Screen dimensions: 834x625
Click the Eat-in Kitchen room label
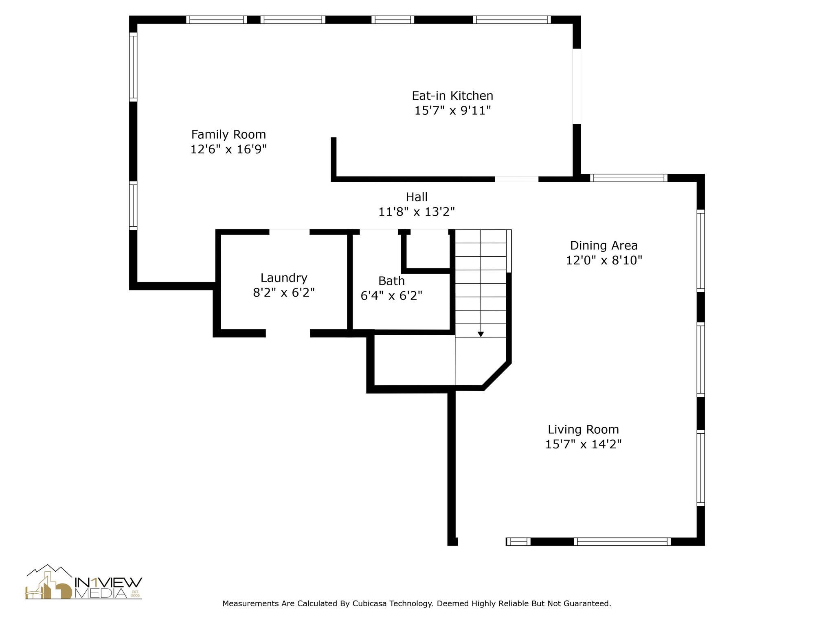coord(452,96)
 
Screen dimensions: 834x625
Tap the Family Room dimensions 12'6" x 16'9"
coord(228,149)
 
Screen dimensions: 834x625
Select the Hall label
coord(417,197)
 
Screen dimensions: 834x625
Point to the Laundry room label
coord(284,278)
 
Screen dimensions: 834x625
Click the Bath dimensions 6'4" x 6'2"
coord(391,296)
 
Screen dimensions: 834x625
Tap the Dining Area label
coord(604,246)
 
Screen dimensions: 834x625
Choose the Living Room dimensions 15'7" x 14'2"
coord(583,444)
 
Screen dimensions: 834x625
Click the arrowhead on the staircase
coord(481,334)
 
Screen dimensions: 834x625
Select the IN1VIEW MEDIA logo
coord(84,582)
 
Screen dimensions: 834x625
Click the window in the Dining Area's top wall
coord(629,178)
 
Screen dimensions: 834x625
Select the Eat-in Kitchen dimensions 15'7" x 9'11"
coord(452,111)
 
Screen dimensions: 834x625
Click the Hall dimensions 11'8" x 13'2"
coord(417,212)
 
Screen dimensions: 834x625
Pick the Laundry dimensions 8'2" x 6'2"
coord(284,293)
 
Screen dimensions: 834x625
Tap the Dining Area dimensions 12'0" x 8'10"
coord(604,260)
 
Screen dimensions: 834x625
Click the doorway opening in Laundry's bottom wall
coord(288,334)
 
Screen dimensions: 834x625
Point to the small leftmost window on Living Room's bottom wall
coord(518,542)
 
